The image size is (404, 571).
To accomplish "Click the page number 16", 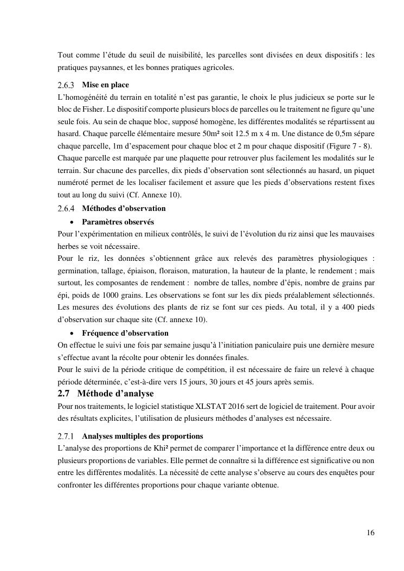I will pyautogui.click(x=370, y=532).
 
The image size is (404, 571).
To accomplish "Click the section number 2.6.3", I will pyautogui.click(x=67, y=85).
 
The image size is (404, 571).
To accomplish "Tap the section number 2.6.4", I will pyautogui.click(x=67, y=208).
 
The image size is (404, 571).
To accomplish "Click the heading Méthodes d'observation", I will pyautogui.click(x=124, y=208).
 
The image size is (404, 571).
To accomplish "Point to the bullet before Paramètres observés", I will pyautogui.click(x=72, y=222).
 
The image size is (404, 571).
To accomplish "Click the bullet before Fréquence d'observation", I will pyautogui.click(x=72, y=333).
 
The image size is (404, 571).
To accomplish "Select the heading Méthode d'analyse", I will pyautogui.click(x=116, y=393).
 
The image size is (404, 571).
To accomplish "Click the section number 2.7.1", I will pyautogui.click(x=67, y=436).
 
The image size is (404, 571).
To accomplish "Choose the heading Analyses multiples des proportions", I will pyautogui.click(x=143, y=436).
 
